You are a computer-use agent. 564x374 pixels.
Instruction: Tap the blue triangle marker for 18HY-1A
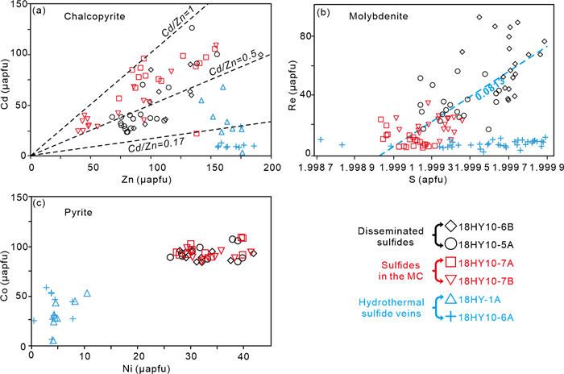pyautogui.click(x=451, y=300)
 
